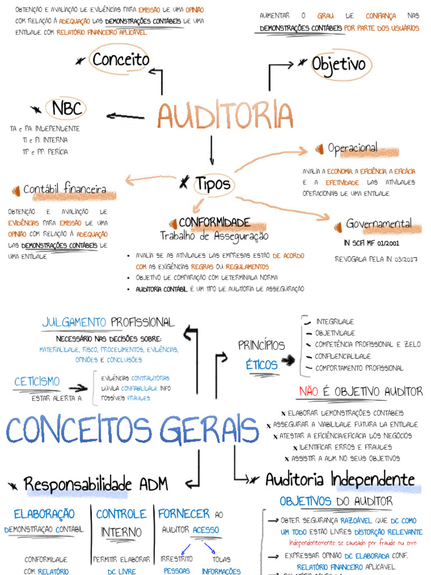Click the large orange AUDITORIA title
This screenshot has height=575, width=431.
click(x=225, y=115)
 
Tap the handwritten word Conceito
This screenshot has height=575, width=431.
click(x=121, y=60)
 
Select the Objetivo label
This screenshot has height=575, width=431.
click(x=338, y=65)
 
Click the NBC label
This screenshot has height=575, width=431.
click(x=67, y=108)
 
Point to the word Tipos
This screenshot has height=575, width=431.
click(x=213, y=184)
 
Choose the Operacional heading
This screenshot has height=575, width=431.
click(x=352, y=148)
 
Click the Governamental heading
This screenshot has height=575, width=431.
click(x=379, y=223)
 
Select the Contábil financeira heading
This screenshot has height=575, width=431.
click(x=65, y=190)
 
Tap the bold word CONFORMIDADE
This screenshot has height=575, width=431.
click(x=214, y=222)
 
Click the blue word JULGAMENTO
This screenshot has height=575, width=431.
click(x=74, y=322)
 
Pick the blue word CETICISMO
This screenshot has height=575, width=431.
click(x=37, y=382)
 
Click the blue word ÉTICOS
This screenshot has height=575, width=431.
click(x=262, y=365)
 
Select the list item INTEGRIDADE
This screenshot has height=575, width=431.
click(x=335, y=322)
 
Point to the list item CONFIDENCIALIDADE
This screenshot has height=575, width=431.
click(x=343, y=357)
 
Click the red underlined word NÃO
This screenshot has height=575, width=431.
click(x=309, y=391)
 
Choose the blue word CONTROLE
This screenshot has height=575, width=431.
click(x=121, y=514)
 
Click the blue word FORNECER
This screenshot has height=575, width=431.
click(x=184, y=514)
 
